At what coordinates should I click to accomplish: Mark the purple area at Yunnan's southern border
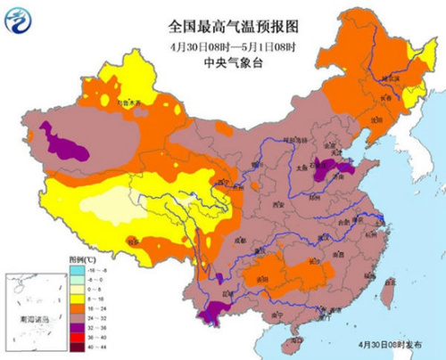[215, 311]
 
